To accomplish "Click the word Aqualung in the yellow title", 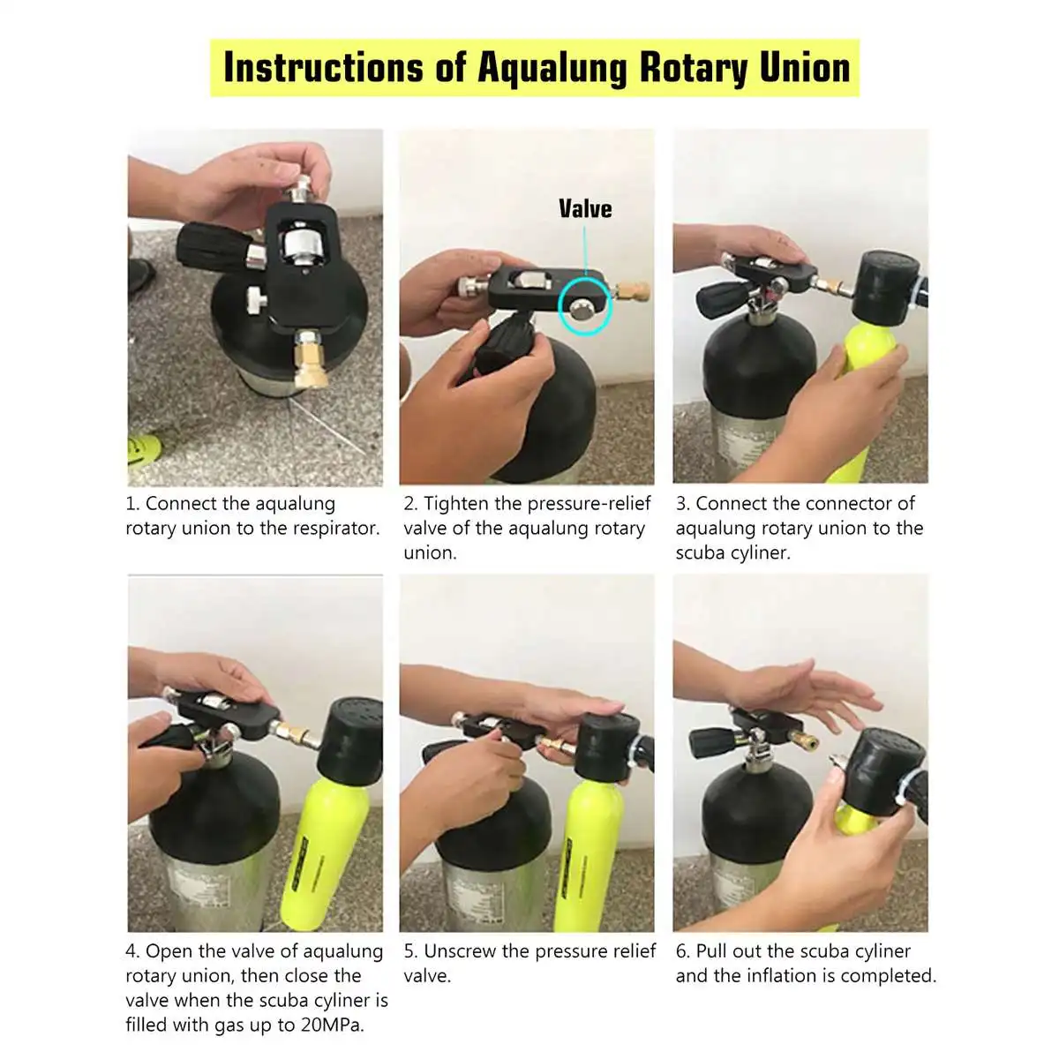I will point(552,69).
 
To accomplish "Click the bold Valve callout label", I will point(585,209).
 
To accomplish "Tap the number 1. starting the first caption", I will point(132,504).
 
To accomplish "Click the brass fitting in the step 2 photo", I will point(633,291).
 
